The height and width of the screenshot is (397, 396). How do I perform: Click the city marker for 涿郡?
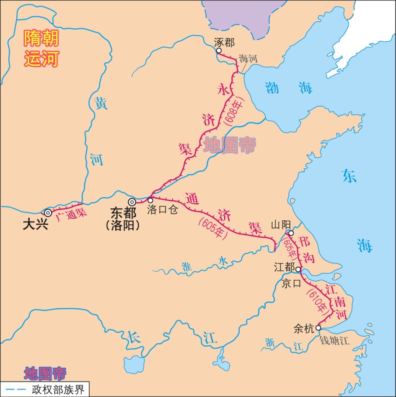point(219,51)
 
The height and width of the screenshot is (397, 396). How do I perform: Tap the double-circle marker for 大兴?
point(48,213)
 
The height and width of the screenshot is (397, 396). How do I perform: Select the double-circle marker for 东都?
point(132,202)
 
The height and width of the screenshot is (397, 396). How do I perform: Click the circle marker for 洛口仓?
point(150,200)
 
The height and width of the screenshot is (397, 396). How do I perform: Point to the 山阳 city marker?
point(291,233)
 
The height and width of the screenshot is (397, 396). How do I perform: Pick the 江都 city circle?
point(298,269)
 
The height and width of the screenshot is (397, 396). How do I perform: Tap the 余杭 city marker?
point(318,328)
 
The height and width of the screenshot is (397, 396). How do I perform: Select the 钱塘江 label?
point(335,341)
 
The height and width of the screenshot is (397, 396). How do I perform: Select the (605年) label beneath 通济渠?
point(212,228)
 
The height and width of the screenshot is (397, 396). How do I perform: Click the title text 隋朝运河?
point(41,49)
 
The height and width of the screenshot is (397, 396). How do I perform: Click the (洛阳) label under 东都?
point(123,225)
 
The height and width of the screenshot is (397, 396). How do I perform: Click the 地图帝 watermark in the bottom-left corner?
point(45,373)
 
